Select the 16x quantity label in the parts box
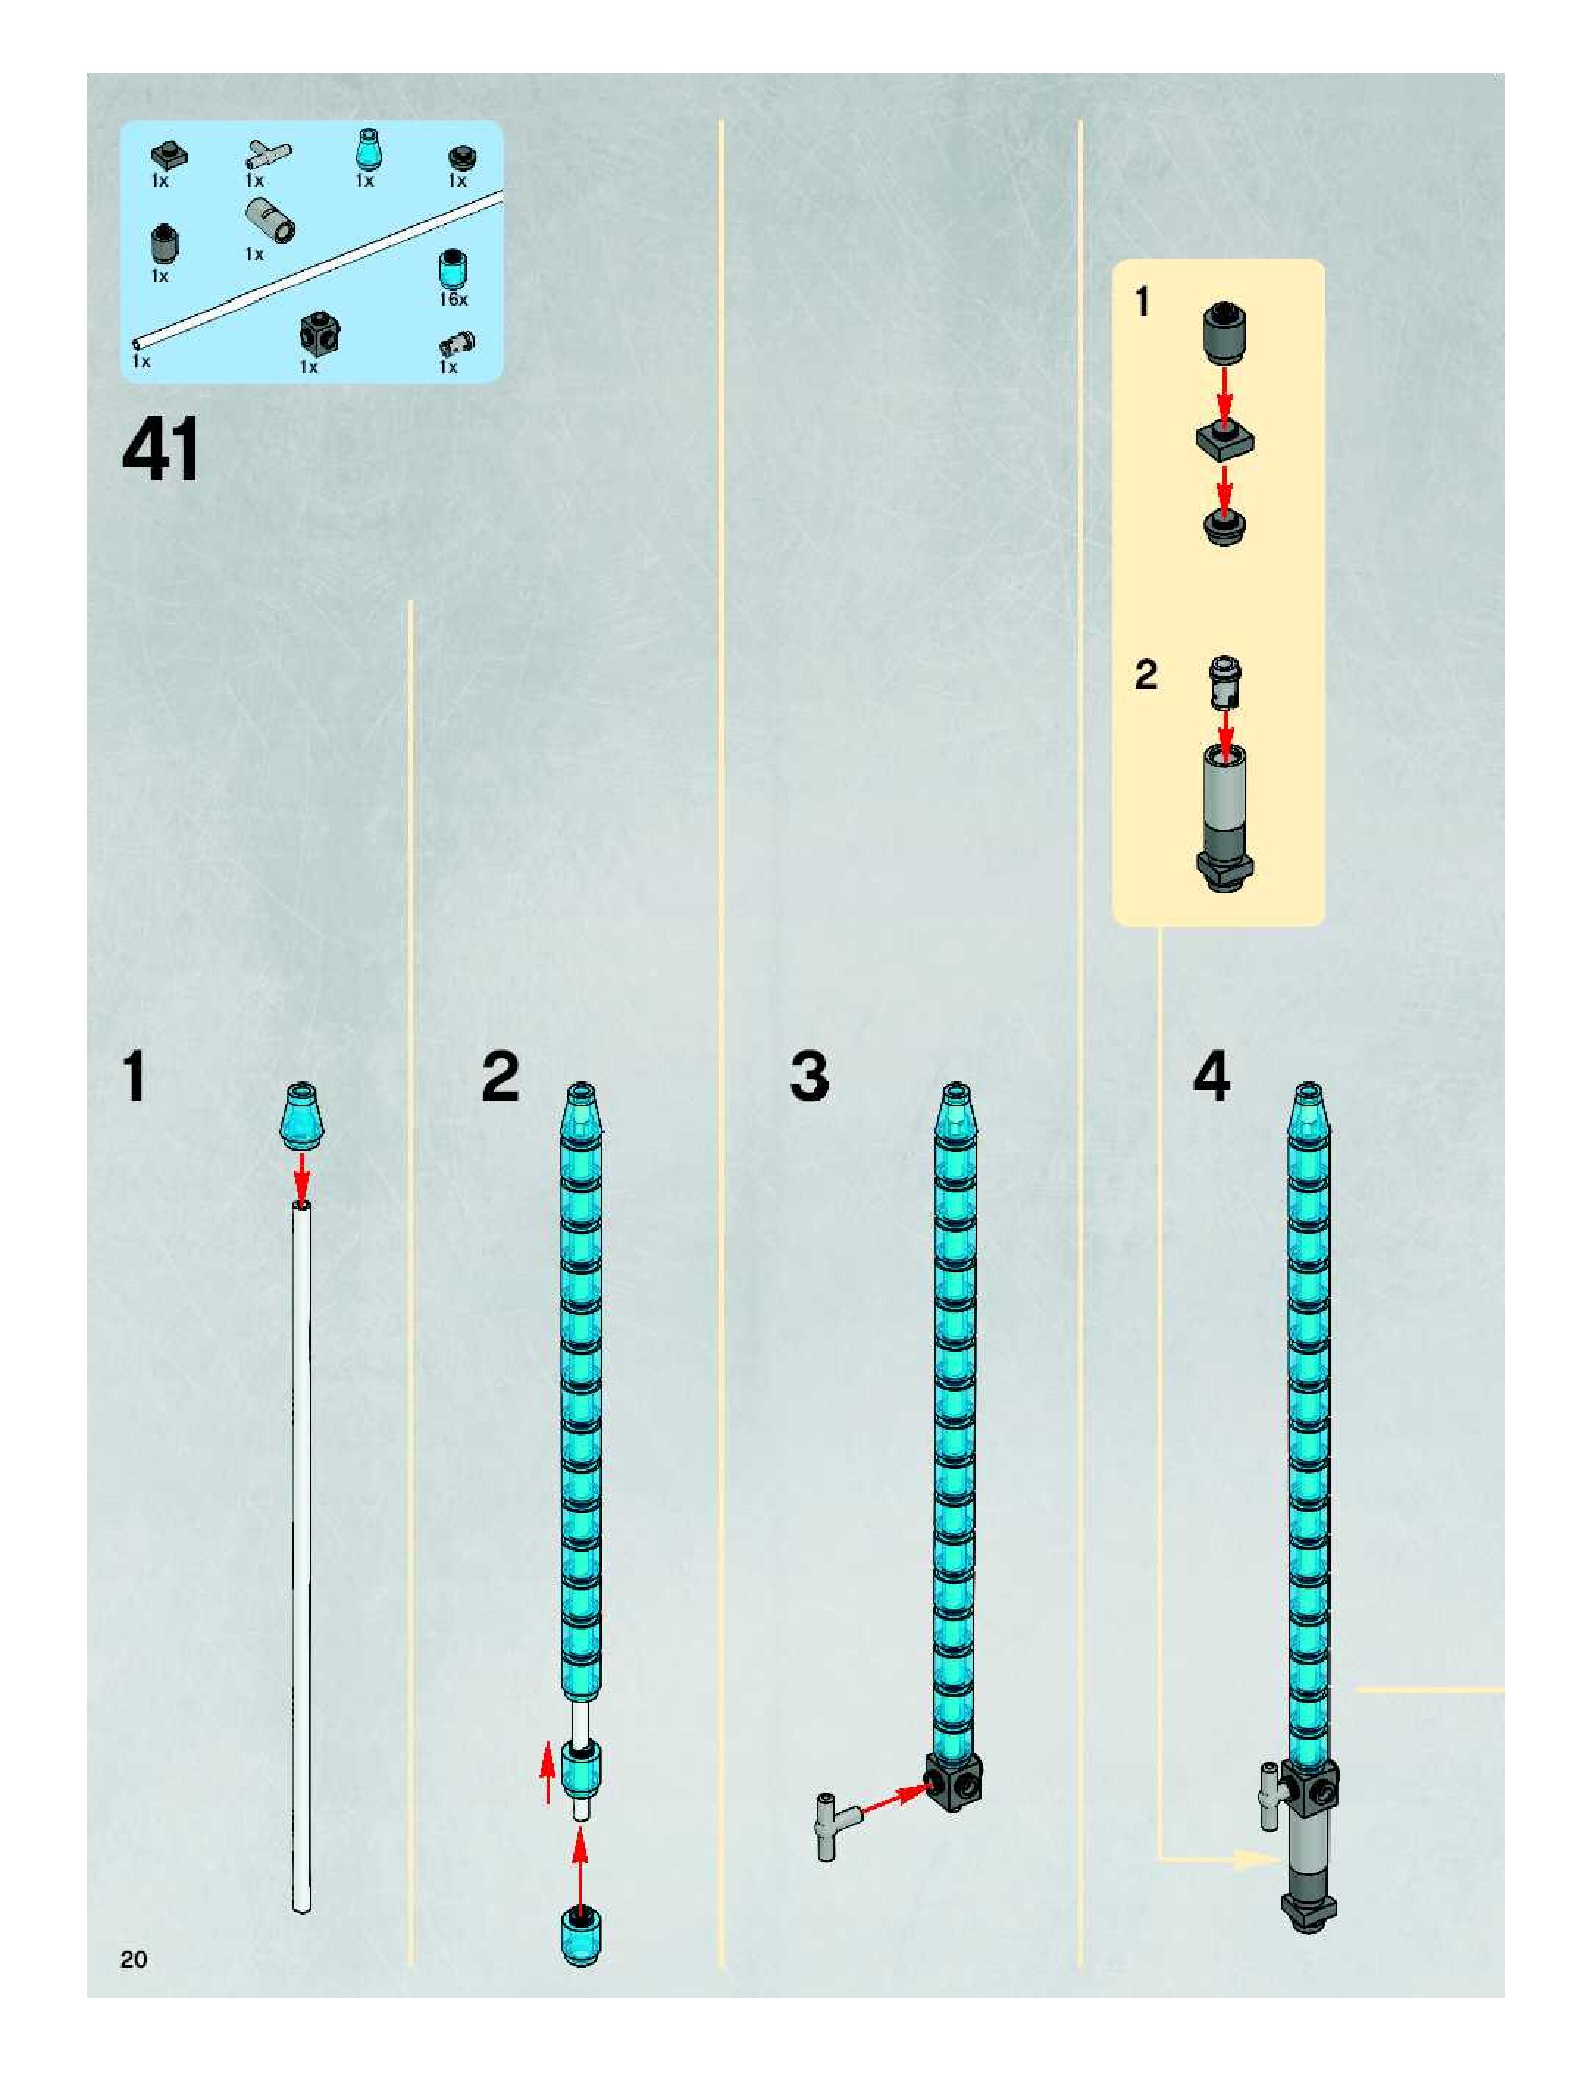point(453,299)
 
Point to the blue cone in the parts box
point(365,148)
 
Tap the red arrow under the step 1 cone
point(301,1176)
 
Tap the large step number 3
point(809,1077)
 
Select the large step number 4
point(1211,1077)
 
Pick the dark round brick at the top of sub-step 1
point(1224,334)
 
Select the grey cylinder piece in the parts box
point(271,220)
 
